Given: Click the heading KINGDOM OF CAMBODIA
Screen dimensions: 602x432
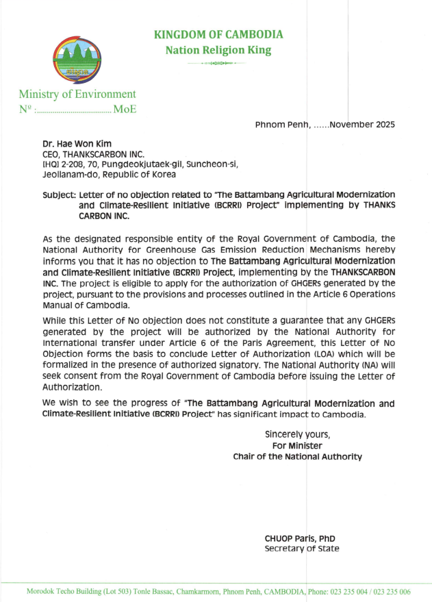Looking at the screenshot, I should click(x=218, y=35).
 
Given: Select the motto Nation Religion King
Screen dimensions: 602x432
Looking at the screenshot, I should click(x=218, y=50).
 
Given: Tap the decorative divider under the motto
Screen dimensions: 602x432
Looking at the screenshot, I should click(x=216, y=63).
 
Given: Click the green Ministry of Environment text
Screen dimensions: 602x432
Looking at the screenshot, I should click(x=77, y=94).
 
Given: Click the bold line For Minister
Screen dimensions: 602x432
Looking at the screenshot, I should click(x=297, y=445).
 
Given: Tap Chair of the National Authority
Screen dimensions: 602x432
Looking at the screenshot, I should click(x=297, y=456).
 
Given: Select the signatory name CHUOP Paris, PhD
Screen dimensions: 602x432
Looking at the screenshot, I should click(x=299, y=538).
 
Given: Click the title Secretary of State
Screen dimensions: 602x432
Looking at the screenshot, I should click(x=301, y=549).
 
